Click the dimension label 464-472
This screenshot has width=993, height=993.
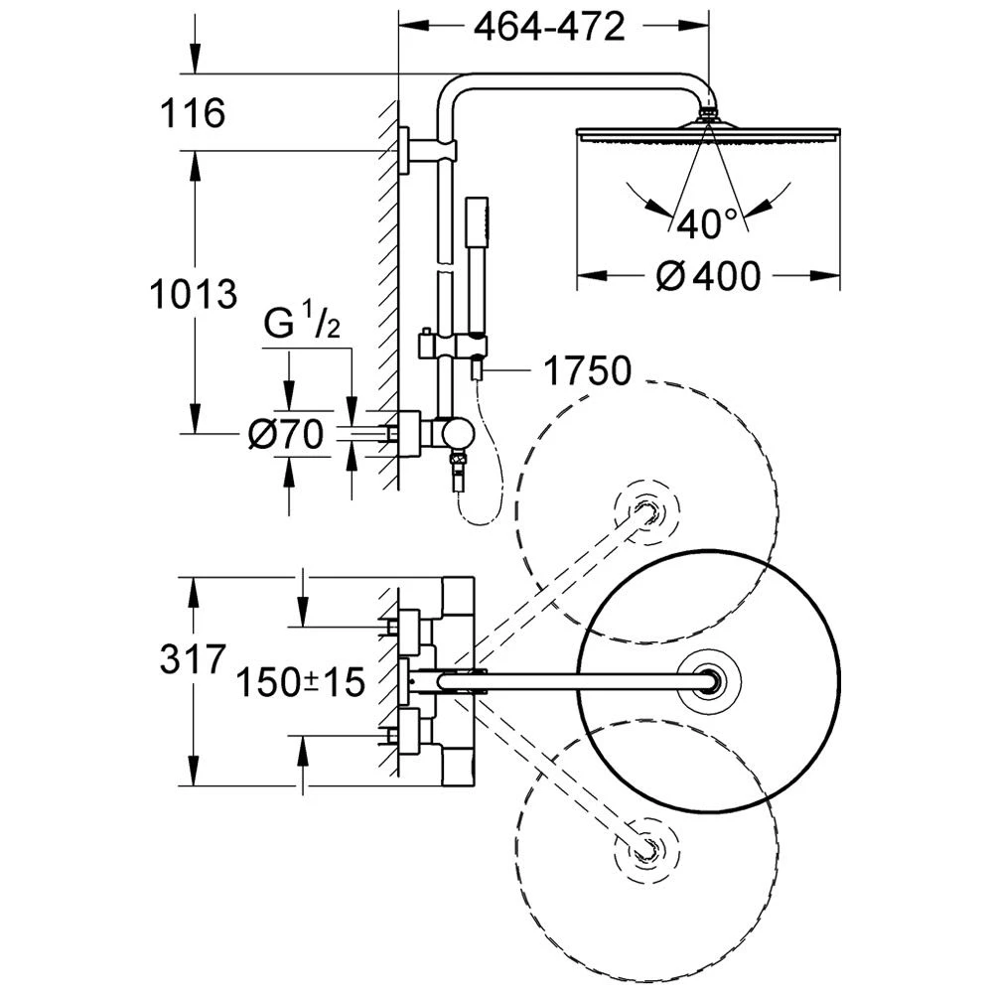click(x=548, y=26)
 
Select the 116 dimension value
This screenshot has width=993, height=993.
click(x=195, y=113)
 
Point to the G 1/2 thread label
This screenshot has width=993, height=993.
click(x=303, y=324)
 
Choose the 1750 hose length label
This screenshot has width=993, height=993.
click(x=587, y=371)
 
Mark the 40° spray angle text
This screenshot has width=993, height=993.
click(x=708, y=224)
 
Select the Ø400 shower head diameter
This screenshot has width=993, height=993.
click(x=708, y=275)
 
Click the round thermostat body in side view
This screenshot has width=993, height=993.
click(x=458, y=433)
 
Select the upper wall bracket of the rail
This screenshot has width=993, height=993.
click(x=427, y=152)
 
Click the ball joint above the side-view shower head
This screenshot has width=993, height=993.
click(x=708, y=114)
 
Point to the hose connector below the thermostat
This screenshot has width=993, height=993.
click(x=458, y=467)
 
